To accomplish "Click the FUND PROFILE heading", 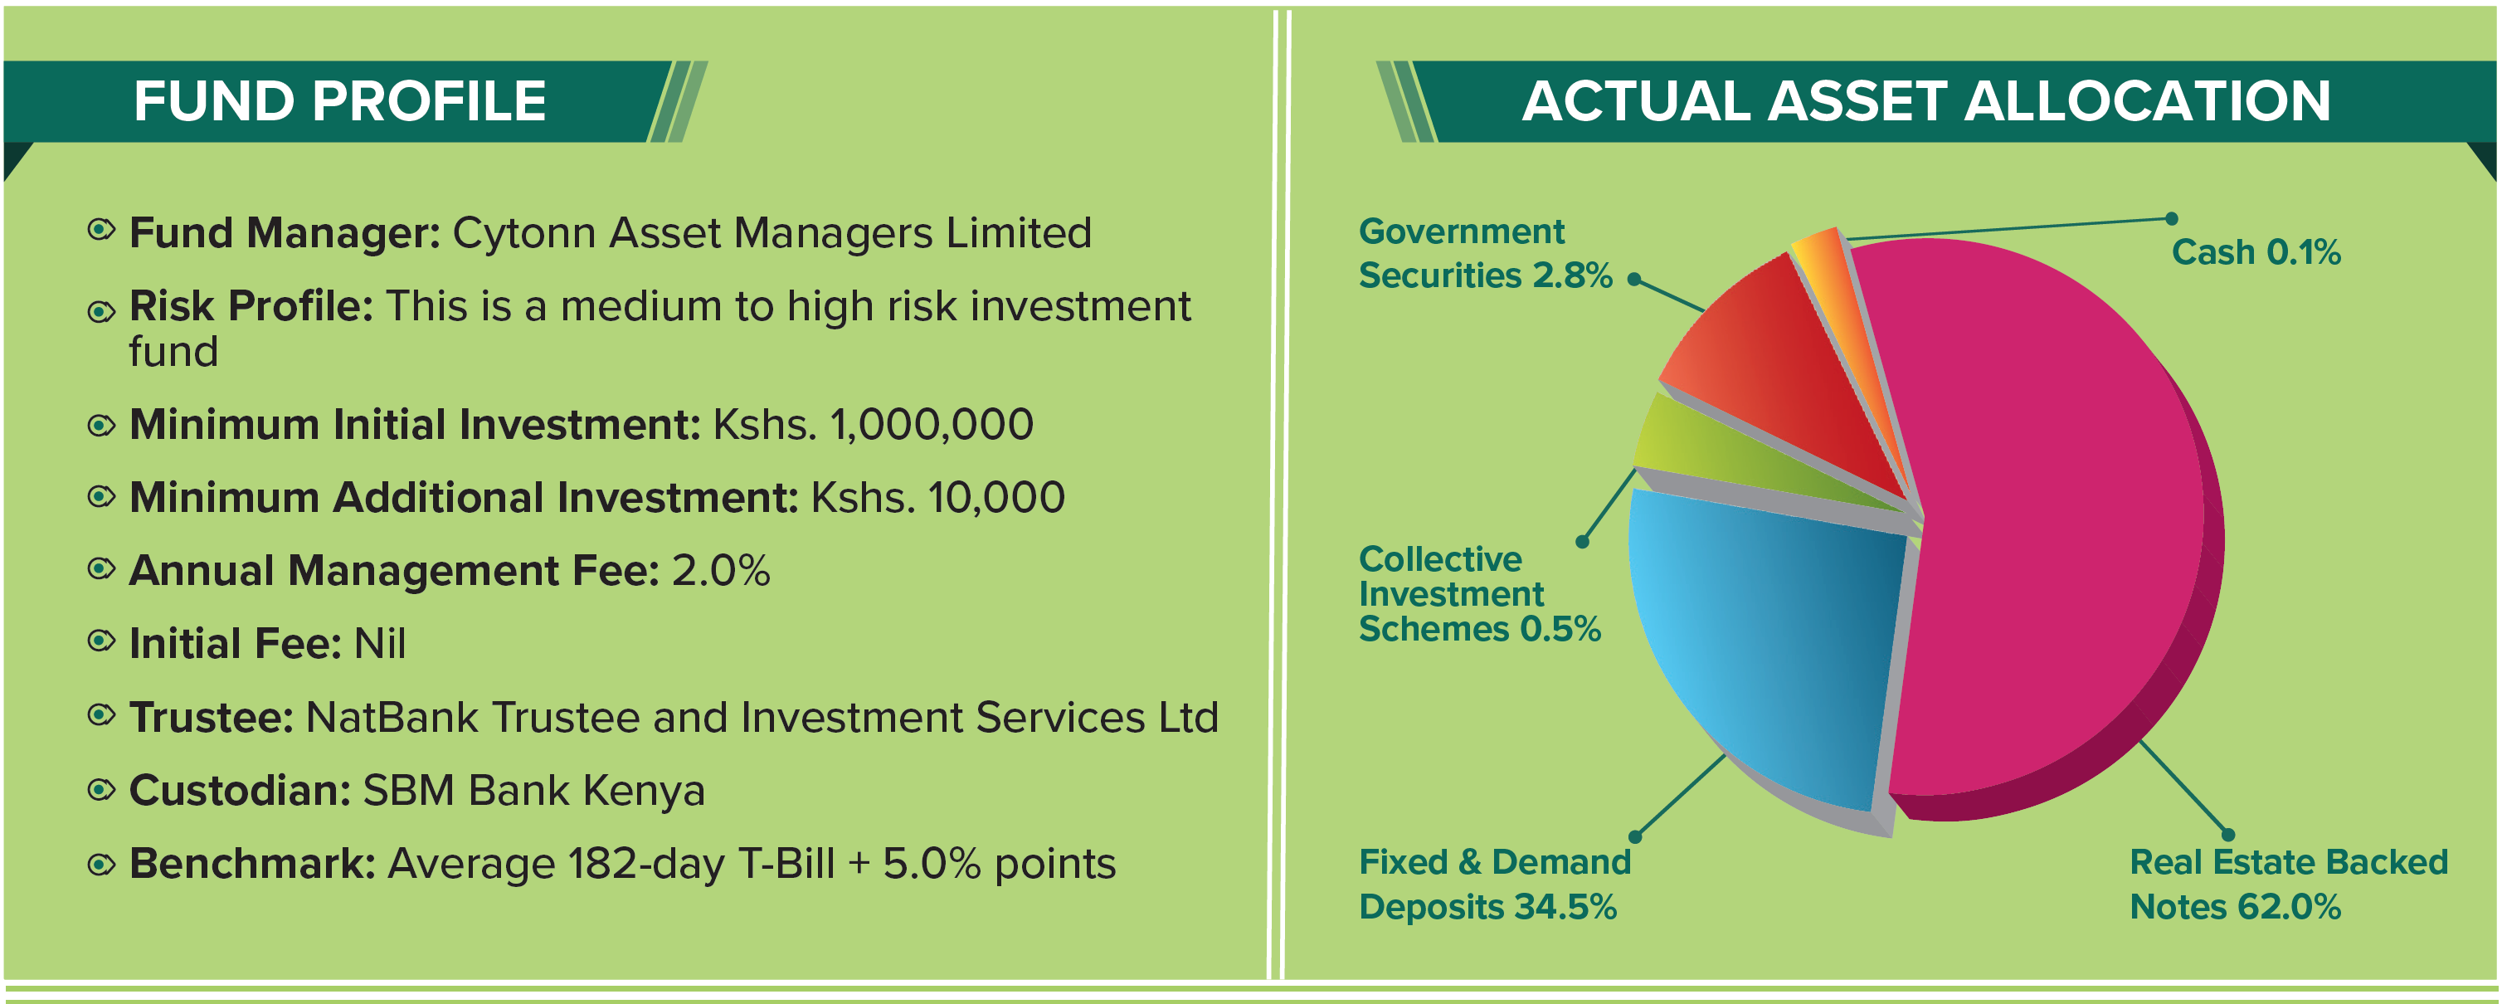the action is pos(340,101).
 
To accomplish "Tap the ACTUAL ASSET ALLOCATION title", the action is pos(1926,101).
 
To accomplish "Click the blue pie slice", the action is pos(1758,641).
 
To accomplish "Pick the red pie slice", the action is pos(1778,369).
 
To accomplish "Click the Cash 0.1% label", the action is pos(2256,253).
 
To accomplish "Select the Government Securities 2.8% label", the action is pos(1485,254).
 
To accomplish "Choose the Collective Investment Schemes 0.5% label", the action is pos(1479,594).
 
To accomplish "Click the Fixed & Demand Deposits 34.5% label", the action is pos(1495,885).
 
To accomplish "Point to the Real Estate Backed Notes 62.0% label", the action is pos(2288,885).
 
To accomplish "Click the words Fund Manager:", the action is pos(285,233).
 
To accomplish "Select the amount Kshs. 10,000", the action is pos(938,498).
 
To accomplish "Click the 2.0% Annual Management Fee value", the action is pos(721,571).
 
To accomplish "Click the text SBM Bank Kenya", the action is pos(533,791).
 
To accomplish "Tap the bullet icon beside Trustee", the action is pos(101,716).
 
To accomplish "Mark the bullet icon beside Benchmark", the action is pos(101,864).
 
